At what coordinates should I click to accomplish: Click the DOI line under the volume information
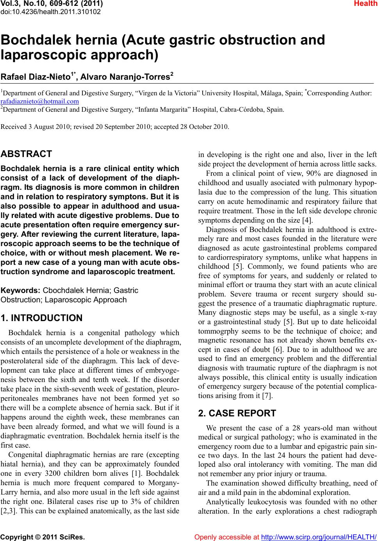coord(51,12)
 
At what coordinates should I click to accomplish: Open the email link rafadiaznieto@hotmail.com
coord(40,101)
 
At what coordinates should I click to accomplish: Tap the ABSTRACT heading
coord(27,154)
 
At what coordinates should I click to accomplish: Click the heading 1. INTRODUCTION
coord(42,318)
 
